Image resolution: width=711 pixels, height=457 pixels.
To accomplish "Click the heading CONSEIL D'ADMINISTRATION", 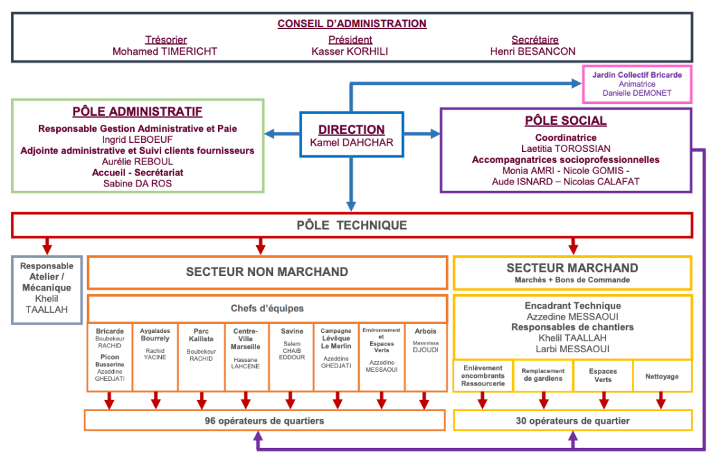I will [x=351, y=24].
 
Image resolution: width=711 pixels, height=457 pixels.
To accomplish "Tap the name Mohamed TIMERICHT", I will [x=165, y=51].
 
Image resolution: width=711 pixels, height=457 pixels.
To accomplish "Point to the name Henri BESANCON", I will [x=533, y=51].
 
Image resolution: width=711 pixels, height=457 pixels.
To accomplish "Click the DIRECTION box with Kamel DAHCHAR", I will [x=351, y=135].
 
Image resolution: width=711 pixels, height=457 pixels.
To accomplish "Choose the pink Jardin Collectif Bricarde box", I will [x=637, y=84].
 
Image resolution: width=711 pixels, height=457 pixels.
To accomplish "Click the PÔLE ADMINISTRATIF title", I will [x=137, y=112].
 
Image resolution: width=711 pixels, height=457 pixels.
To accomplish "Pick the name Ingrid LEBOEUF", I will [x=137, y=139].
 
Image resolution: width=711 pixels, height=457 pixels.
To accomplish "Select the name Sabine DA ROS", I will [x=137, y=183].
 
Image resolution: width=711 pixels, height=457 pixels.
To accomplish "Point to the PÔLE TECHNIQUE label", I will [x=351, y=225].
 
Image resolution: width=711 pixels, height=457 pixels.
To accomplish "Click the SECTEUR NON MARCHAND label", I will [x=267, y=272].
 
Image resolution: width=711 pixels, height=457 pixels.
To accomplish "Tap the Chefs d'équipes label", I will [x=267, y=309].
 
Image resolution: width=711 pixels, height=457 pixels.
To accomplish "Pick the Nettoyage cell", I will [x=662, y=377].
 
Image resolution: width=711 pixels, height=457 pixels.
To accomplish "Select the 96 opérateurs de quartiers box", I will [x=264, y=421].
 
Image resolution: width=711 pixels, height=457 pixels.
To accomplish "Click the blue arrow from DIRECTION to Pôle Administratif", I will [x=281, y=134].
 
